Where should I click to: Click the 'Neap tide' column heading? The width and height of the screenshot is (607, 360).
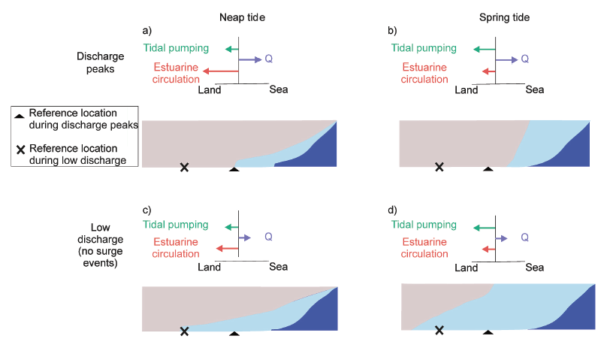[x=242, y=17]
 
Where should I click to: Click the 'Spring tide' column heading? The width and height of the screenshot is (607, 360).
[x=504, y=17]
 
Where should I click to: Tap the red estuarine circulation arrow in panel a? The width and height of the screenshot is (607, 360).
[x=221, y=71]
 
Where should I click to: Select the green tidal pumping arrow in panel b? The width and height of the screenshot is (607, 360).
[x=485, y=49]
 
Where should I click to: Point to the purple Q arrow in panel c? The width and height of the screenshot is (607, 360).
[x=245, y=237]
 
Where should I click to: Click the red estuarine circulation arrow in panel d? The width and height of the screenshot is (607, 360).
[x=488, y=250]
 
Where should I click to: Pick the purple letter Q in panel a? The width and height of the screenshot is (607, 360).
[x=268, y=59]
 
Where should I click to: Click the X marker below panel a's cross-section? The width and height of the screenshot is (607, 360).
[x=184, y=168]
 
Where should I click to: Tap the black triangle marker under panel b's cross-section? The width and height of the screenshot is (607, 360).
[x=488, y=169]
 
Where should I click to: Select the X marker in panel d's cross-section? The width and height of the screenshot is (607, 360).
[x=439, y=330]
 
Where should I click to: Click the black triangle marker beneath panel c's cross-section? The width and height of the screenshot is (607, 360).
[x=234, y=333]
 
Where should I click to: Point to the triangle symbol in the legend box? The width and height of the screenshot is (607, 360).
[x=20, y=116]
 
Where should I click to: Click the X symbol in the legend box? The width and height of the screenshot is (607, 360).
[x=20, y=150]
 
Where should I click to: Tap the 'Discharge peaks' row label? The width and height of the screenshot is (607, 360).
[x=100, y=62]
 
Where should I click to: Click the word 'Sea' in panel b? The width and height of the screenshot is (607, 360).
[x=535, y=89]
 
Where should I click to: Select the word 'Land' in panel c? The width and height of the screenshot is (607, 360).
[x=209, y=267]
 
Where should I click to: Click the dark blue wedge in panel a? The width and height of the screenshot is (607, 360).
[x=313, y=151]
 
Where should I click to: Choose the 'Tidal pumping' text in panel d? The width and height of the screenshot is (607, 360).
[x=424, y=225]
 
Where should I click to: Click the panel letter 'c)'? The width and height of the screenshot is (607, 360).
[x=146, y=210]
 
